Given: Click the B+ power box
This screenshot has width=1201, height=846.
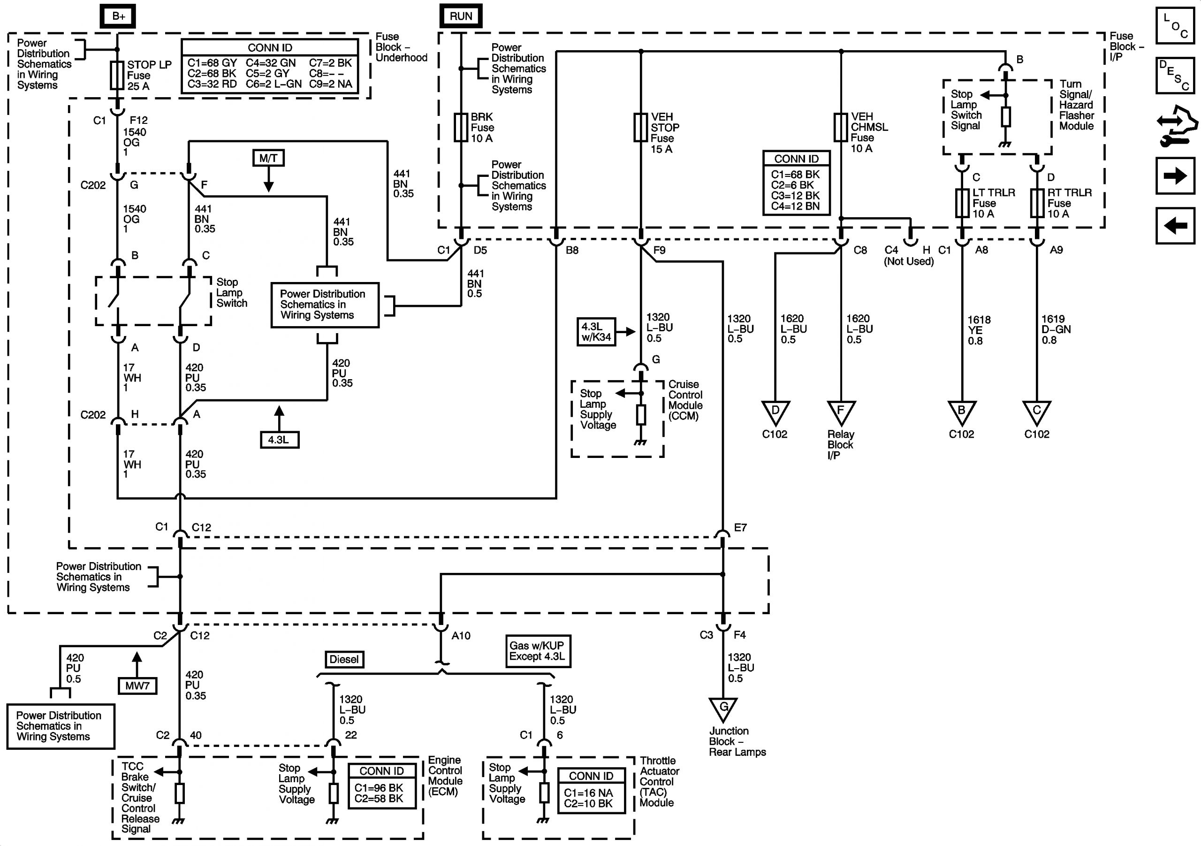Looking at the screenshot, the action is (x=118, y=16).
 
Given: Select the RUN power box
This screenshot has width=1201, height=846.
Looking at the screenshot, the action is (x=460, y=16).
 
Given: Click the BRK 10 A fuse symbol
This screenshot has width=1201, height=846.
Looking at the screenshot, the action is (x=460, y=127).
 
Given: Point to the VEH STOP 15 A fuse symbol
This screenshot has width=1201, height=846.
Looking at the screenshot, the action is (x=641, y=127).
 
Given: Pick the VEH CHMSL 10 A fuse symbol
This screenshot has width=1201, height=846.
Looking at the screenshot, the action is (x=841, y=127).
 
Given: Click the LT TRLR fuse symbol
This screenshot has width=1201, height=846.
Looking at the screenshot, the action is (x=962, y=203).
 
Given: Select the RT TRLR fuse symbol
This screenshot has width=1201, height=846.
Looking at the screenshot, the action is (x=1037, y=203).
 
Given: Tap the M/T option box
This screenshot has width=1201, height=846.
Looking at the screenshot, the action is (x=268, y=158).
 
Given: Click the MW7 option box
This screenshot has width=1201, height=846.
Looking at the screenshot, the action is (x=137, y=686).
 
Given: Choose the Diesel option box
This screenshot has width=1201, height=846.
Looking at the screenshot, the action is (x=344, y=659).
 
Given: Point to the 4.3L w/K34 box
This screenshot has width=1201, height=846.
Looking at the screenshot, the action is (x=596, y=332).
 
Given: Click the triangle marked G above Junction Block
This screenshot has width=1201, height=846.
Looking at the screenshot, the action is (x=723, y=709).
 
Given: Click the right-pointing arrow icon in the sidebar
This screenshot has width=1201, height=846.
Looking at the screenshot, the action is (x=1175, y=175).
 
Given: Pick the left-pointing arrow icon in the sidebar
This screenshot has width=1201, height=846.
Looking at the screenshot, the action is (x=1175, y=226).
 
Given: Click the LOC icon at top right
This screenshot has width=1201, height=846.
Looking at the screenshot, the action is (x=1175, y=25).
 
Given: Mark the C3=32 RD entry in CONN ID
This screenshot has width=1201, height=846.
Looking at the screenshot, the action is (x=212, y=84).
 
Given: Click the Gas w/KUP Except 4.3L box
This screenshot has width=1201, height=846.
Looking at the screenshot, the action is (x=538, y=651).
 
